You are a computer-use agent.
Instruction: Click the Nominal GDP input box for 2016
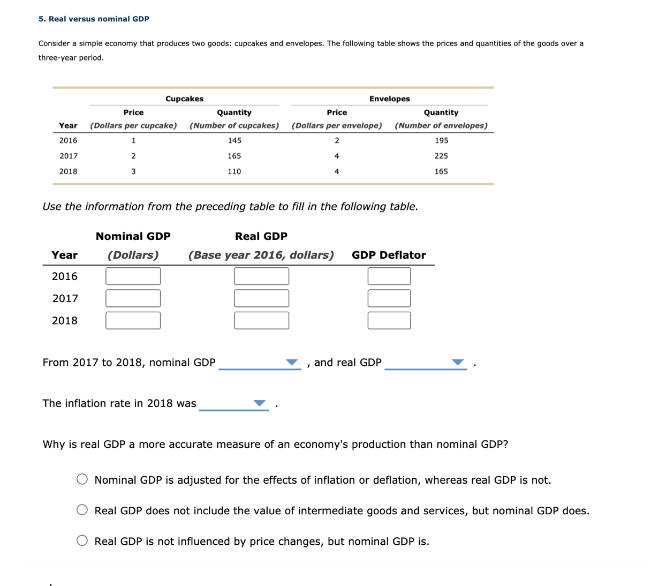(133, 276)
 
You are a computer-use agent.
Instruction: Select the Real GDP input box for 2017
(261, 298)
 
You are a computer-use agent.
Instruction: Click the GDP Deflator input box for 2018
(389, 320)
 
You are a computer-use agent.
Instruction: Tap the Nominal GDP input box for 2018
(133, 320)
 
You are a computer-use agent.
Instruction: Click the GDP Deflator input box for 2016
(389, 276)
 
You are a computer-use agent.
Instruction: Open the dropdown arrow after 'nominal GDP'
(291, 363)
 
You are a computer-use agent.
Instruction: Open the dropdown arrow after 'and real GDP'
(457, 363)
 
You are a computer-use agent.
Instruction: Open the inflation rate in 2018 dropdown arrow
(259, 403)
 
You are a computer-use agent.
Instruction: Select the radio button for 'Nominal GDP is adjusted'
(82, 479)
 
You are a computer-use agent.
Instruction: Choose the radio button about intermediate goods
(82, 510)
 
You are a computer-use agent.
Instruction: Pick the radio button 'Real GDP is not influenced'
(82, 541)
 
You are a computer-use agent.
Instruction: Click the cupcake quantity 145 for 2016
(234, 140)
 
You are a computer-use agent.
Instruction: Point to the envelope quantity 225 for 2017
(441, 156)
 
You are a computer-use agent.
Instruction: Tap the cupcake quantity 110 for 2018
(234, 171)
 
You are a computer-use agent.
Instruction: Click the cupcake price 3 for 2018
(133, 171)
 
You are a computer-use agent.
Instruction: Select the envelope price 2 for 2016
(337, 140)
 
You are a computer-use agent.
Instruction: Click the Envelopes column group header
(389, 99)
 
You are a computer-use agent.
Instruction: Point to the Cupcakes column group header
(184, 99)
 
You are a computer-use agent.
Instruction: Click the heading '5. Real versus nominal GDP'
(94, 19)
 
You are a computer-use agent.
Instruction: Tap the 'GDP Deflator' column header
(389, 255)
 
